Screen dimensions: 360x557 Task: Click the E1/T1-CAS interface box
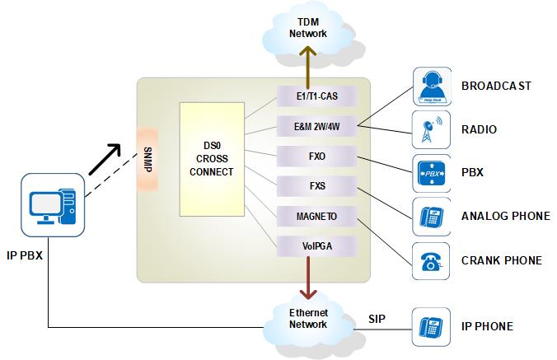(317, 97)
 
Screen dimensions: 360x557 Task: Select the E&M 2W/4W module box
(317, 127)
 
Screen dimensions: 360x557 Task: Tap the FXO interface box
(317, 156)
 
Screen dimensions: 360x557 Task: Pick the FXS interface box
(317, 185)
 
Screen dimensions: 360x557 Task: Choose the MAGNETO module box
(317, 215)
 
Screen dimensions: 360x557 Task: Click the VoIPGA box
(317, 244)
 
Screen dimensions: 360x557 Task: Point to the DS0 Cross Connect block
(212, 160)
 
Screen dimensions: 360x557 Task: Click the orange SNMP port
(148, 158)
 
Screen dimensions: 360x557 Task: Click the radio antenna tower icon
(431, 130)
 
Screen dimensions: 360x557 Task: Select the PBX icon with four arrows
(431, 174)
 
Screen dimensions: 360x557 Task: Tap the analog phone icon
(431, 217)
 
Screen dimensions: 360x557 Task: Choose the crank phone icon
(431, 260)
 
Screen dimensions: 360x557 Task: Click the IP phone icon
(431, 326)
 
